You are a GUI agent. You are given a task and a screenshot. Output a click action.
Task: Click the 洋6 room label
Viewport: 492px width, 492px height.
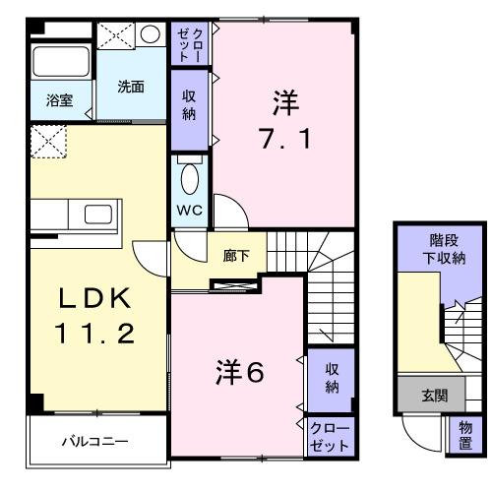240,371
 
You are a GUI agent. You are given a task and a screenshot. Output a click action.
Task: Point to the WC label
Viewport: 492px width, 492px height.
189,211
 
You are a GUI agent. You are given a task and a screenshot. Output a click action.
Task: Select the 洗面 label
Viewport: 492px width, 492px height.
131,86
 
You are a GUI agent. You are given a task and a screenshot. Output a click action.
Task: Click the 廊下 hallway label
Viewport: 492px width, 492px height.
235,256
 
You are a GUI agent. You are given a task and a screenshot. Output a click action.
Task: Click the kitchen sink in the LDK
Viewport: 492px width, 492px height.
99,215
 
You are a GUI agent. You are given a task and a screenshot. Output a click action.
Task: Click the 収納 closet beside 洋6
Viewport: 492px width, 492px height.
333,377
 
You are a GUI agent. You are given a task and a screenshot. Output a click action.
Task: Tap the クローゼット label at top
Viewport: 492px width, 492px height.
189,45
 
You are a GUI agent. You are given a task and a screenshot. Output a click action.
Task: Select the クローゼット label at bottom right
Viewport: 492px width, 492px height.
329,436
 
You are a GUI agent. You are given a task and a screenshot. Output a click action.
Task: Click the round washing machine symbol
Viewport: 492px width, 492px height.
150,34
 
